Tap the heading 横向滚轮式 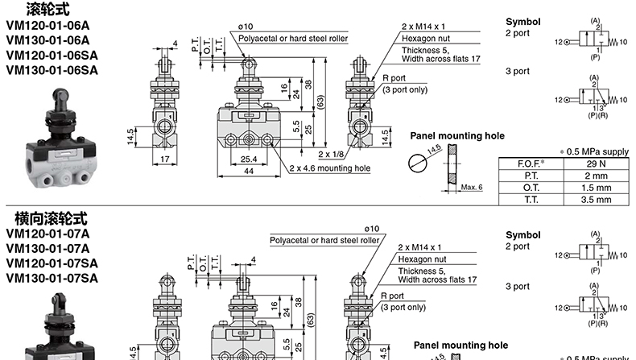(x=50, y=218)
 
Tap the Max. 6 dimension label (x=473, y=187)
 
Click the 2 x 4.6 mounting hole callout (x=330, y=168)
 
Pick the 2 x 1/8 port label (x=332, y=153)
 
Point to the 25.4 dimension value (x=249, y=159)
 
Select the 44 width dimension (x=249, y=171)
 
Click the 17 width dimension (x=165, y=159)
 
